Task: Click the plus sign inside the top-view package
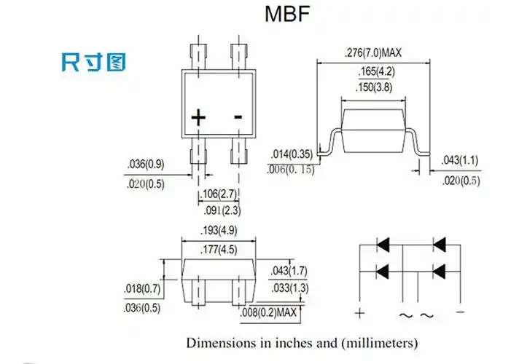198,118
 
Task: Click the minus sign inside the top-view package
238,117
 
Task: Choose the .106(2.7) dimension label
219,194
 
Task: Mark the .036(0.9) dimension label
145,165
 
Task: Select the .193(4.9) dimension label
218,232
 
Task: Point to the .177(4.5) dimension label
218,250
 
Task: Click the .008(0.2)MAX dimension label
269,313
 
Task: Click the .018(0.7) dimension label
141,290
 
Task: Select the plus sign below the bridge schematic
359,314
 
